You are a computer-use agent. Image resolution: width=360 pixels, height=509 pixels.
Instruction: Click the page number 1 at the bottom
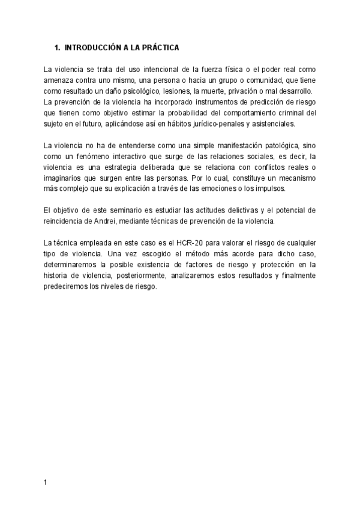45,483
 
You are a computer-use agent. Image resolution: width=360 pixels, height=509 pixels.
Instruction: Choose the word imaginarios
65,178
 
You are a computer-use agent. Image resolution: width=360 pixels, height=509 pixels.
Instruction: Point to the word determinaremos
73,264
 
